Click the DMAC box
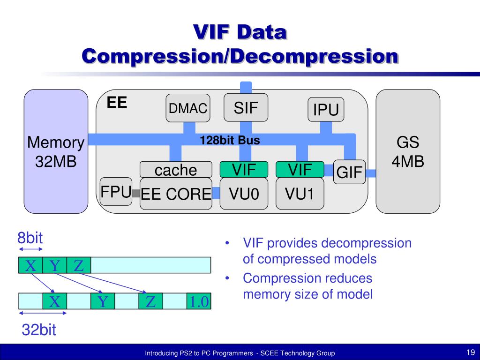(187, 108)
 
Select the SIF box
(246, 108)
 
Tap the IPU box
(326, 110)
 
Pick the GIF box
(349, 172)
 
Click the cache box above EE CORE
(176, 170)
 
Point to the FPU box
(116, 191)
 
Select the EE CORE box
(176, 194)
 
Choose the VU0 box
(244, 193)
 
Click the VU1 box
(300, 193)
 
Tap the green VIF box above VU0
(244, 169)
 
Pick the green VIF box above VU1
(300, 169)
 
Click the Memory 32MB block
(56, 151)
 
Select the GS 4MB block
(408, 151)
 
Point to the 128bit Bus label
(230, 140)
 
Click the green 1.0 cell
(199, 301)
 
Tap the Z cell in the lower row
(150, 301)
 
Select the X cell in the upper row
(30, 265)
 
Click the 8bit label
(30, 238)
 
